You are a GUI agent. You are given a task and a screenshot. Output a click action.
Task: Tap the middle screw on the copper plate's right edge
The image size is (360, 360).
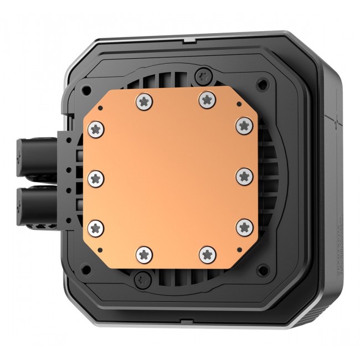click(x=244, y=177)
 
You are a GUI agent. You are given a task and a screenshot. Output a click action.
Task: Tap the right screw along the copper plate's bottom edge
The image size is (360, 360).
click(x=208, y=254)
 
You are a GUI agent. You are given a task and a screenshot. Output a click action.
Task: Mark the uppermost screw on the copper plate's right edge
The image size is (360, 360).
click(x=244, y=125)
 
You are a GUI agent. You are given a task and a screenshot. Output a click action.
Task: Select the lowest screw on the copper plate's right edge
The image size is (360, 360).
click(x=244, y=227)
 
